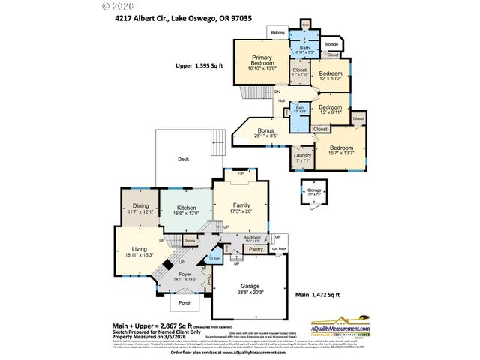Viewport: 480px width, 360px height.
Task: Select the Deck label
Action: (183, 159)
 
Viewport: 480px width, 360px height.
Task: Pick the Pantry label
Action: (256, 248)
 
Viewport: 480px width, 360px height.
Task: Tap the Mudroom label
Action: (253, 237)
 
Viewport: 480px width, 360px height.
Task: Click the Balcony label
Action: (277, 33)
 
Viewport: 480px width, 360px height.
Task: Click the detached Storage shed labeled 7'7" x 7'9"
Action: (314, 191)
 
